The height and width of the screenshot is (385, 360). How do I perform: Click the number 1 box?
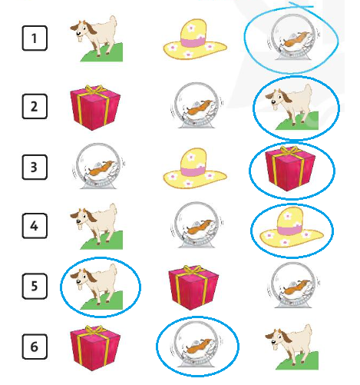(35, 38)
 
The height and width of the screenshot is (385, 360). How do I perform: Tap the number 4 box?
(35, 226)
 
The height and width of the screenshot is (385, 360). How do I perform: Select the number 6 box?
(35, 347)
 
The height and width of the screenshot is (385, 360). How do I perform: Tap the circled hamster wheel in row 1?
(293, 37)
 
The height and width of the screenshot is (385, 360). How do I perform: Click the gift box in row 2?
(95, 108)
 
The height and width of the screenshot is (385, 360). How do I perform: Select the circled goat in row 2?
(292, 107)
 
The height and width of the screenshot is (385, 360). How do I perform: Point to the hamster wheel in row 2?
(197, 105)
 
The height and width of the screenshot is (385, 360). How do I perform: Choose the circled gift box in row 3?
(290, 168)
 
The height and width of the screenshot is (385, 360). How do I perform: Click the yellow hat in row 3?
(195, 168)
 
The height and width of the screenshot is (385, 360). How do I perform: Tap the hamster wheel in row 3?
(99, 166)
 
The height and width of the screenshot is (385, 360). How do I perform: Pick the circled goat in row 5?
(97, 287)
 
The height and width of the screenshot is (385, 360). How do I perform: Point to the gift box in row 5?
(193, 287)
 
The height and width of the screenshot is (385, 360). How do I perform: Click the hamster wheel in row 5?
(293, 285)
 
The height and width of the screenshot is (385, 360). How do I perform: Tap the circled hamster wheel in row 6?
(197, 345)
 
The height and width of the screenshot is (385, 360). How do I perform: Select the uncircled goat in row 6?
(292, 347)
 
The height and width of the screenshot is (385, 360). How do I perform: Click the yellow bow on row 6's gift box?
(94, 330)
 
